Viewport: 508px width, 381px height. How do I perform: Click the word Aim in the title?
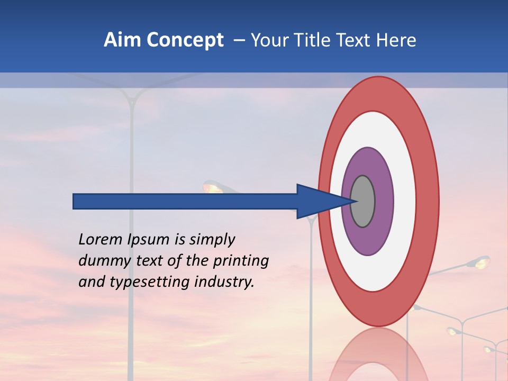[123, 40]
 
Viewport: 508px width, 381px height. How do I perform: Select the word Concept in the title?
[185, 40]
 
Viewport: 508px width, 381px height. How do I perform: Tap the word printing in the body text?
[240, 261]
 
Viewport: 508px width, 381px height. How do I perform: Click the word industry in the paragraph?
[224, 282]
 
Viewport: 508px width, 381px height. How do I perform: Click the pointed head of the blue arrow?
[323, 202]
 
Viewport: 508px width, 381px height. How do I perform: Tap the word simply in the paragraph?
[212, 240]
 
